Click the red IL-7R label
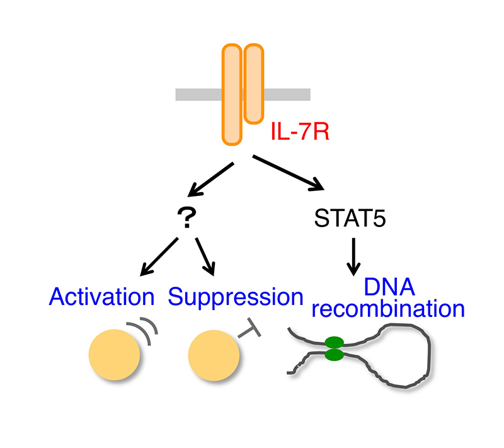pyautogui.click(x=301, y=132)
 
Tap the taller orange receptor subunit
pyautogui.click(x=232, y=95)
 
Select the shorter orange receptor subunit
pyautogui.click(x=254, y=84)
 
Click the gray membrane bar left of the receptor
pyautogui.click(x=198, y=95)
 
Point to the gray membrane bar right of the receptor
pyautogui.click(x=287, y=95)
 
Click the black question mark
pyautogui.click(x=186, y=217)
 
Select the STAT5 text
pyautogui.click(x=350, y=218)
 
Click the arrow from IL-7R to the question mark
pyautogui.click(x=210, y=180)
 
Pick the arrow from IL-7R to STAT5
pyautogui.click(x=289, y=173)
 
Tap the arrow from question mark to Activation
pyautogui.click(x=159, y=257)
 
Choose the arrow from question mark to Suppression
pyautogui.click(x=205, y=256)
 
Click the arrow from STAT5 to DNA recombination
pyautogui.click(x=353, y=257)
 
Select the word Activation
pyautogui.click(x=101, y=297)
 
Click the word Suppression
pyautogui.click(x=235, y=298)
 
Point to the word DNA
pyautogui.click(x=389, y=287)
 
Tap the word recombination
pyautogui.click(x=388, y=309)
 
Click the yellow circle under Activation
pyautogui.click(x=115, y=355)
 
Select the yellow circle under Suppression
pyautogui.click(x=214, y=355)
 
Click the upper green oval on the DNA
pyautogui.click(x=335, y=342)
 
